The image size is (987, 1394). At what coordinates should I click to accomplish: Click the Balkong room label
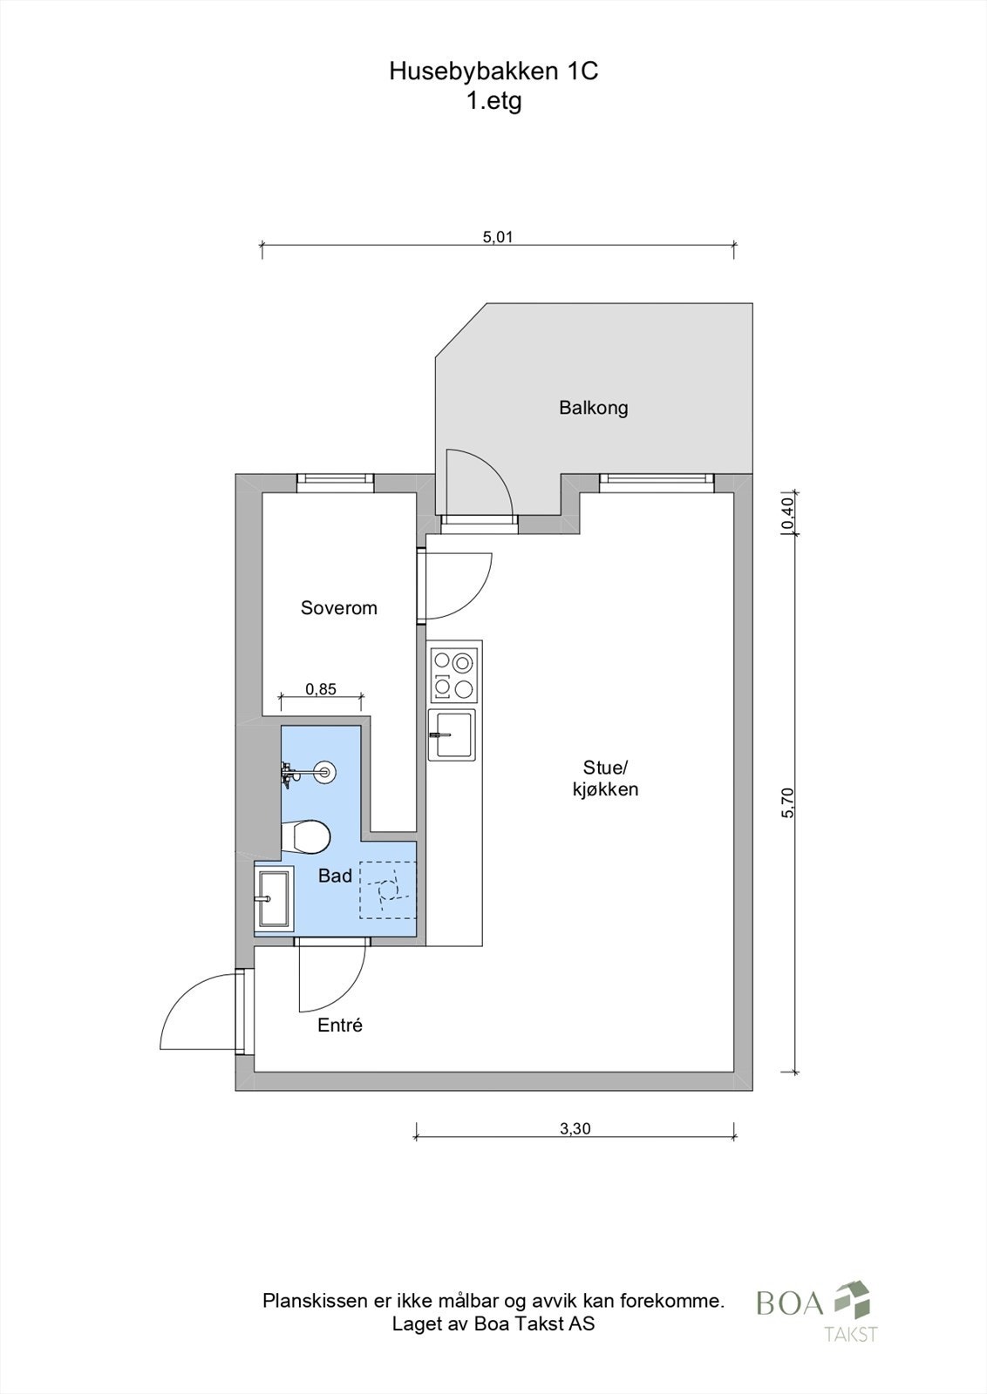click(x=594, y=409)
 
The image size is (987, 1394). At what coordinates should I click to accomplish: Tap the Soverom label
click(x=339, y=607)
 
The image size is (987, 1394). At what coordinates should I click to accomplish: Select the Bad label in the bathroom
click(x=335, y=876)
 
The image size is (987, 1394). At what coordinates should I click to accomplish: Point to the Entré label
click(x=340, y=1025)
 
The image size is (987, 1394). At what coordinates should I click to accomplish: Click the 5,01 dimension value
click(x=498, y=236)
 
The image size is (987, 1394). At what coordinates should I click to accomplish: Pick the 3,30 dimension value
click(x=575, y=1127)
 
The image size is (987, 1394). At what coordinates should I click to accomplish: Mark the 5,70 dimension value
click(x=787, y=802)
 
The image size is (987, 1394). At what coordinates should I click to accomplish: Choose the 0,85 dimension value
click(x=321, y=689)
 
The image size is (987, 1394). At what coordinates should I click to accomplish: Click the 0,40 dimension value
click(x=787, y=514)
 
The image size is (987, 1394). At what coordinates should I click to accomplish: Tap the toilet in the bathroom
click(x=305, y=836)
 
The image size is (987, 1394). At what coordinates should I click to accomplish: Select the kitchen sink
click(x=453, y=734)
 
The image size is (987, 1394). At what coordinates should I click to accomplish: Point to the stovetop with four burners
click(x=454, y=675)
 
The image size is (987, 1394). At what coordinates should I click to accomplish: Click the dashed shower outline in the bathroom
click(x=387, y=890)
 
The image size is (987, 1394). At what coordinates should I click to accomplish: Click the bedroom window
click(x=335, y=483)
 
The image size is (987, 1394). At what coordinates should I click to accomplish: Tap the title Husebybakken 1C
click(x=493, y=71)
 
